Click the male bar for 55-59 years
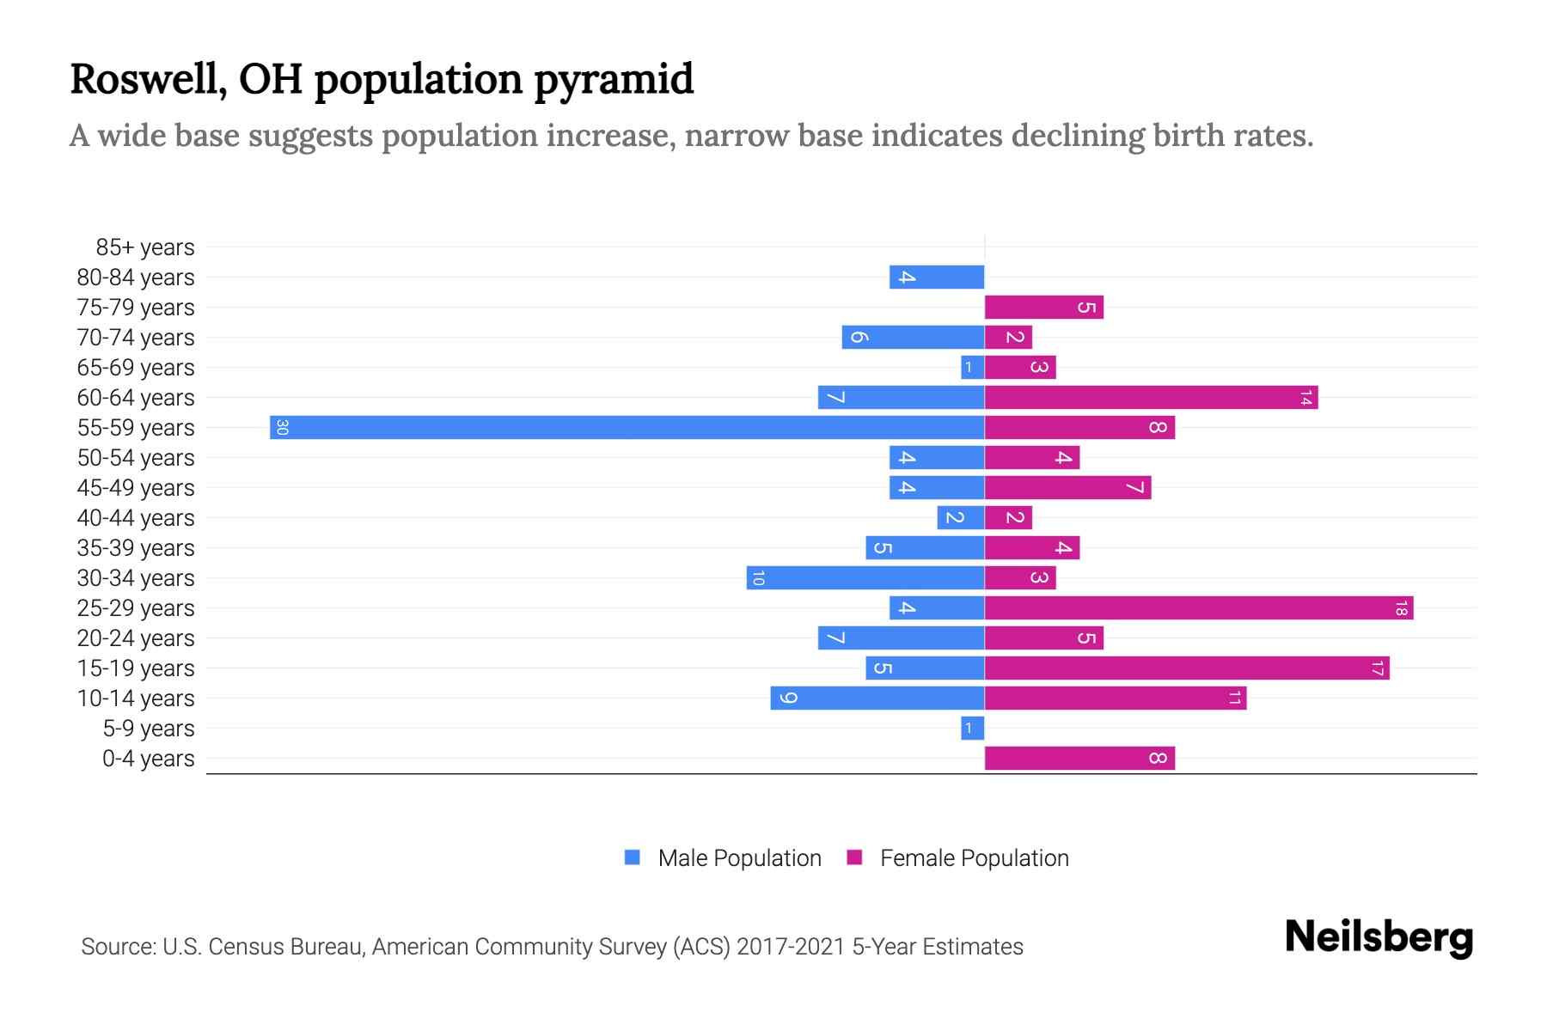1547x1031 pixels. (x=627, y=427)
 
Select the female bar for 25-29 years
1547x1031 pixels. (x=1198, y=607)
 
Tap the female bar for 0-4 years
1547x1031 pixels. (x=1079, y=758)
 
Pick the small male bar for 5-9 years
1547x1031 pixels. (x=972, y=728)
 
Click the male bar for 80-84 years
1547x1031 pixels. (x=937, y=277)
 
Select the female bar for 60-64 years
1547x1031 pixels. (x=1151, y=397)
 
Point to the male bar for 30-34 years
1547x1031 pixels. (x=865, y=577)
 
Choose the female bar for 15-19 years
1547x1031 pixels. (x=1186, y=668)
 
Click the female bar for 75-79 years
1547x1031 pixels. (x=1043, y=307)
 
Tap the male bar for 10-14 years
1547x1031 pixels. (x=877, y=698)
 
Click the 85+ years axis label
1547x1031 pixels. (x=145, y=247)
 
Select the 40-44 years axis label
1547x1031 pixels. (x=136, y=518)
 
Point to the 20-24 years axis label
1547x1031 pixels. (x=136, y=638)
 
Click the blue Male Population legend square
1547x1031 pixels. (x=633, y=857)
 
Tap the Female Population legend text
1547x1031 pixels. (x=974, y=858)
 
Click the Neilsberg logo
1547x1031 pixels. (x=1379, y=937)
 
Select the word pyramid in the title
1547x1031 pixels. (x=614, y=80)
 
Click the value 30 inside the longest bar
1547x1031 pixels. (x=282, y=427)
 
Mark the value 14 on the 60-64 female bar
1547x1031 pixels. (x=1305, y=397)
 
